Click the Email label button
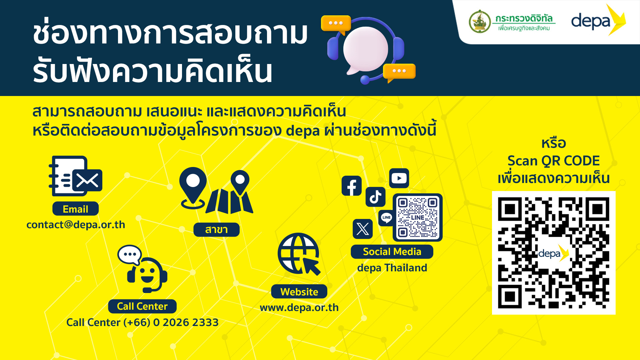click(75, 209)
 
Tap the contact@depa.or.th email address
click(76, 225)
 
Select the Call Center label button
click(142, 306)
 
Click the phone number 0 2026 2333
click(186, 322)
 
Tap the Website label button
click(299, 292)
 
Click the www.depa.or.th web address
click(299, 307)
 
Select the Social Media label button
click(392, 252)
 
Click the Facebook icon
click(352, 186)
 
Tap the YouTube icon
click(399, 178)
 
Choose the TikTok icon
click(376, 197)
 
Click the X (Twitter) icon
click(363, 229)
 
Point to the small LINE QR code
click(418, 217)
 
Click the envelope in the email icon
click(87, 181)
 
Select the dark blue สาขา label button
click(216, 230)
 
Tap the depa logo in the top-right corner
click(598, 20)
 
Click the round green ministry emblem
click(480, 22)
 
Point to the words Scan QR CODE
click(554, 161)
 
